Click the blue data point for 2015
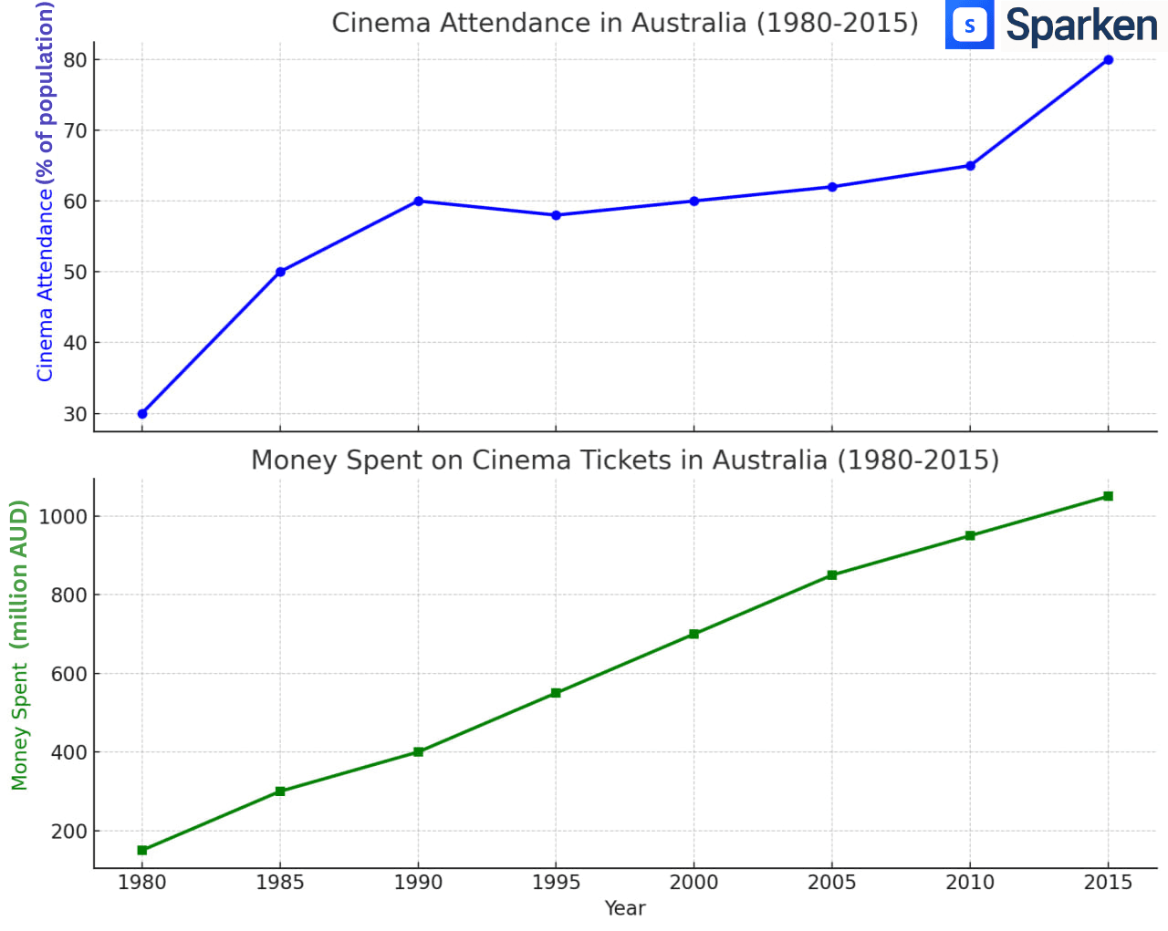point(1108,60)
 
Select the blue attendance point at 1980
point(142,414)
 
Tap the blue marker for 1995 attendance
point(556,215)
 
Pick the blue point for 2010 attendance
point(970,166)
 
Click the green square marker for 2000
point(693,634)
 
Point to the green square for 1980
point(142,850)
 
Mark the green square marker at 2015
point(1108,496)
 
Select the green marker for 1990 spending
point(418,752)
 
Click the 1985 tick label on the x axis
point(280,883)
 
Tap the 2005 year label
point(831,883)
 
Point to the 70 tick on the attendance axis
point(76,130)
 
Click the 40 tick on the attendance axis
point(76,343)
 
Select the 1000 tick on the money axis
point(64,516)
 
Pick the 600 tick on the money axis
point(69,674)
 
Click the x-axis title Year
point(625,908)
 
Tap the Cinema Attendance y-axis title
point(45,191)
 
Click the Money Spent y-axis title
point(20,644)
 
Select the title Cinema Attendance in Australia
point(625,23)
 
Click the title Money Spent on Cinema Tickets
point(625,460)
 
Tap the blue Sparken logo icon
point(969,25)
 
